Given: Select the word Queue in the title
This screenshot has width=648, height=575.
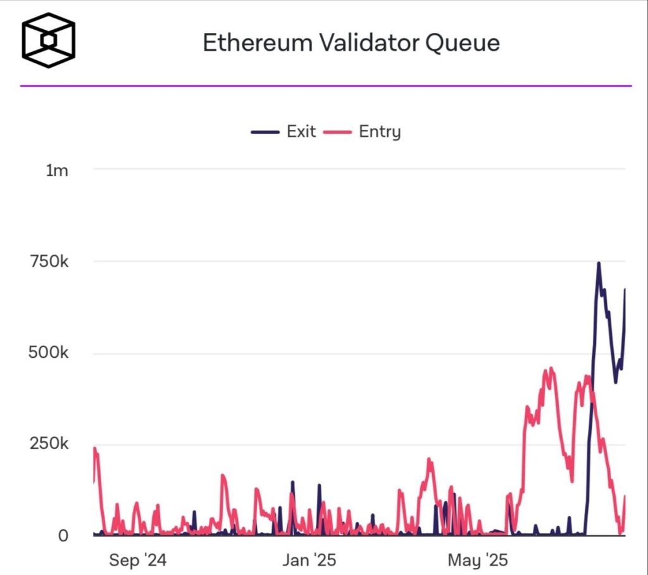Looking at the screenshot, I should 462,42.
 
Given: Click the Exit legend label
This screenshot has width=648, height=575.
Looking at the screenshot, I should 301,132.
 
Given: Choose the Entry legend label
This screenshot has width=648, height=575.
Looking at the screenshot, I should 380,132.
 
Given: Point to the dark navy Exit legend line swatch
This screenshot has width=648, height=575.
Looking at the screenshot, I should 265,132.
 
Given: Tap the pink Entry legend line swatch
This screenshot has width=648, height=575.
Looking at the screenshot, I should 337,132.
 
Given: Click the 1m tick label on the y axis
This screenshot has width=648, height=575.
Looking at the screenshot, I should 57,170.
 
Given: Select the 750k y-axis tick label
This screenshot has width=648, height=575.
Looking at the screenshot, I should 49,261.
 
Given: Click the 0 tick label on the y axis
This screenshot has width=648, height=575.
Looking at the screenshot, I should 63,536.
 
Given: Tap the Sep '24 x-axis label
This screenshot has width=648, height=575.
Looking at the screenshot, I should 137,560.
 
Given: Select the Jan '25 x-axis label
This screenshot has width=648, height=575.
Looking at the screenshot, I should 309,560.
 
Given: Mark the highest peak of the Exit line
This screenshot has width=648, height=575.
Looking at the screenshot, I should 598,263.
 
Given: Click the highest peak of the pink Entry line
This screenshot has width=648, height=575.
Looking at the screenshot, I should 551,368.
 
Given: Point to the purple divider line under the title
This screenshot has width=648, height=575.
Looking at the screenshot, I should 326,85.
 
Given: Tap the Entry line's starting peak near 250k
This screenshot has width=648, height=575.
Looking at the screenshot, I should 95,449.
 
